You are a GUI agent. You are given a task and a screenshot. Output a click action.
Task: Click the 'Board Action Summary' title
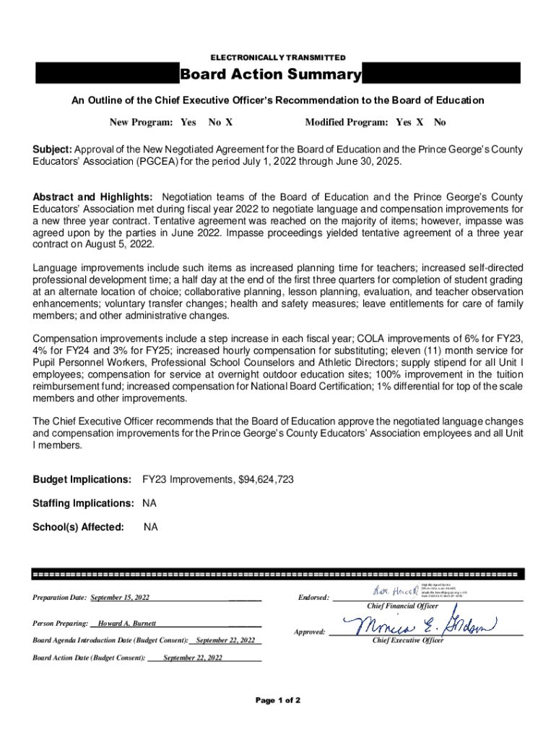coord(270,75)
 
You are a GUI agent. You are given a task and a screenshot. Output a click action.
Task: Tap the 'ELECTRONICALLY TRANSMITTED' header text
coord(278,57)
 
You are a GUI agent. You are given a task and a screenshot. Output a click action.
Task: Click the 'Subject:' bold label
coord(52,150)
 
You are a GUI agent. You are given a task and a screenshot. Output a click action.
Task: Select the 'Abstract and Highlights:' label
coord(92,197)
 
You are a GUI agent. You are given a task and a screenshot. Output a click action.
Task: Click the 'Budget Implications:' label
coord(82,480)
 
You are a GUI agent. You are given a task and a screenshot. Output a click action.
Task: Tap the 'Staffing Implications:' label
coord(83,503)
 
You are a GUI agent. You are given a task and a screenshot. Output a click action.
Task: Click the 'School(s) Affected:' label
coord(78,528)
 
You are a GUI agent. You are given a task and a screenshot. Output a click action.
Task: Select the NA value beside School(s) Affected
coord(150,528)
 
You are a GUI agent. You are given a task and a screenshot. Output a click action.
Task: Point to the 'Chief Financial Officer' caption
coord(402,606)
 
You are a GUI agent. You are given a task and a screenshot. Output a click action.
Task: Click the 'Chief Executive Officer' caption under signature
coord(408,641)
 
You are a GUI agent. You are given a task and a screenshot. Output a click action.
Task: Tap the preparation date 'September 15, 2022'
coord(120,598)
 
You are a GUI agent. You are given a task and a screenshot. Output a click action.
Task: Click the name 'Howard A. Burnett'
coord(126,623)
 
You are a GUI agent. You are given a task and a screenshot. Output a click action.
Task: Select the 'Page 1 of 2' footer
coord(278,701)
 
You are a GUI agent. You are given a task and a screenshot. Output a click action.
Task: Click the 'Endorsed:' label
coord(313,598)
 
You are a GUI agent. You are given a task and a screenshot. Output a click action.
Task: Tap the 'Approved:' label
coord(310,632)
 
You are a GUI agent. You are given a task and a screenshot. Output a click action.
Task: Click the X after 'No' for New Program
coord(228,123)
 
